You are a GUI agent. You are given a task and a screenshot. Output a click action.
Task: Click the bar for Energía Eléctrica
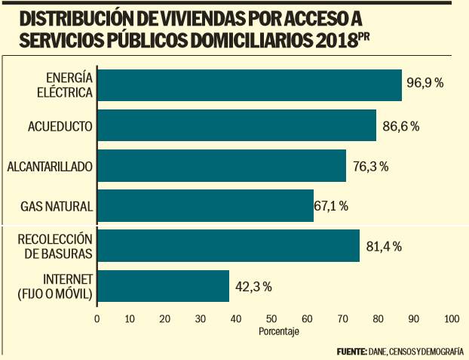(x=249, y=85)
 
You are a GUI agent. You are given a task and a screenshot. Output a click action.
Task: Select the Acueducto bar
(x=236, y=125)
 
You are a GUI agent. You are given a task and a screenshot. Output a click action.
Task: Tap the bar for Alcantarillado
(x=221, y=165)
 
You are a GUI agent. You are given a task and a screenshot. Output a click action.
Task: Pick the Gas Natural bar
(x=205, y=205)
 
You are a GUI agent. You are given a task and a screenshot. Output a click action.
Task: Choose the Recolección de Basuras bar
(x=228, y=245)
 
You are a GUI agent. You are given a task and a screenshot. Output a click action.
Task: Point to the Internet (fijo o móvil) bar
(x=163, y=286)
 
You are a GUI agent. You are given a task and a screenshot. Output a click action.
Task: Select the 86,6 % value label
(x=400, y=125)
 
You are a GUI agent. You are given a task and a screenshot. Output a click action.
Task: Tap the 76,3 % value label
(x=369, y=166)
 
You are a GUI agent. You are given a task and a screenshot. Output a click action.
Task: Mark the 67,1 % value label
(x=337, y=206)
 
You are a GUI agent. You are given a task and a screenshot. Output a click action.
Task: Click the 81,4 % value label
(x=384, y=246)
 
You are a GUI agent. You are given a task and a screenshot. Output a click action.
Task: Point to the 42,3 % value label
(x=253, y=287)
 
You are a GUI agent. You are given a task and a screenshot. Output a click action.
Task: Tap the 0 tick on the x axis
(x=97, y=319)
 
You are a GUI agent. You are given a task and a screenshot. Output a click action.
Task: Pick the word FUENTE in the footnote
(x=351, y=351)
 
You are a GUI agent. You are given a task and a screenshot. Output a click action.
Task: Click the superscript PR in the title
(x=364, y=37)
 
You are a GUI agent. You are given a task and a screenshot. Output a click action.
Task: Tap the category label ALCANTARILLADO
(x=49, y=166)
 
